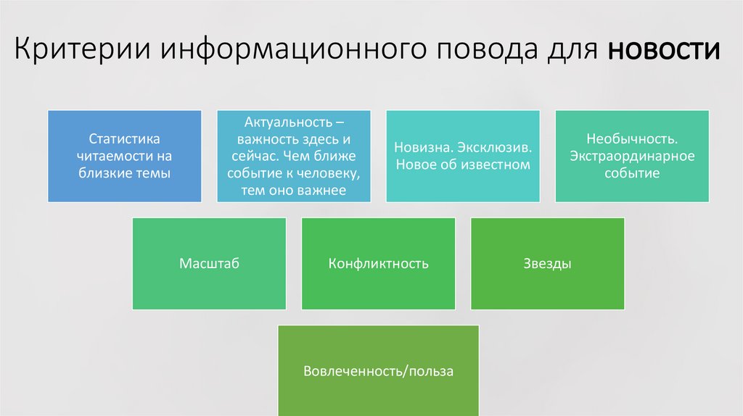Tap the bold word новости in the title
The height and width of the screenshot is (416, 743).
(x=664, y=51)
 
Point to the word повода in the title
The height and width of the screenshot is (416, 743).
(x=484, y=51)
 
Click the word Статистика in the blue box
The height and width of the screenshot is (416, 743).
(x=124, y=138)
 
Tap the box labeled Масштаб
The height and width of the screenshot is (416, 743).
(x=209, y=264)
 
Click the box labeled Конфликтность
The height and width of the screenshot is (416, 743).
(x=378, y=264)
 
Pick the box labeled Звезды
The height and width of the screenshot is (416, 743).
(x=547, y=264)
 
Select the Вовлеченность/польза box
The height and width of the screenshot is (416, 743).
(x=378, y=371)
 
